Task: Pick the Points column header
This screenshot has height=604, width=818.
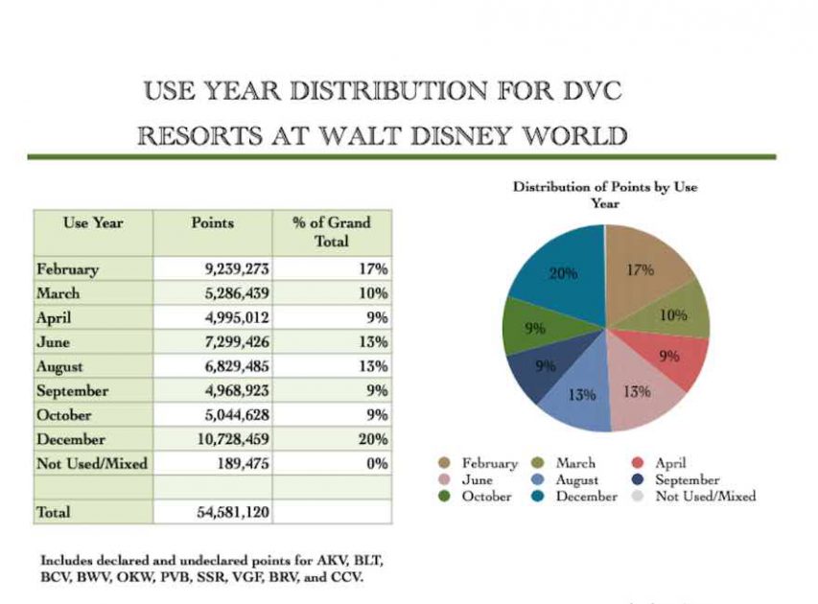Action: (212, 222)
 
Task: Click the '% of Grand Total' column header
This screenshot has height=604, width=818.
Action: (331, 231)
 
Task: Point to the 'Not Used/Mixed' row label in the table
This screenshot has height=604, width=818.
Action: (92, 464)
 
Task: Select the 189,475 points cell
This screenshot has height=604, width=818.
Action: (233, 464)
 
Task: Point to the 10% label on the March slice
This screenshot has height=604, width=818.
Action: (673, 314)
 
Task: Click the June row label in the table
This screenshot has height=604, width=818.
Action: (51, 342)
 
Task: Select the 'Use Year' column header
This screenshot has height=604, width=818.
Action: (93, 222)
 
